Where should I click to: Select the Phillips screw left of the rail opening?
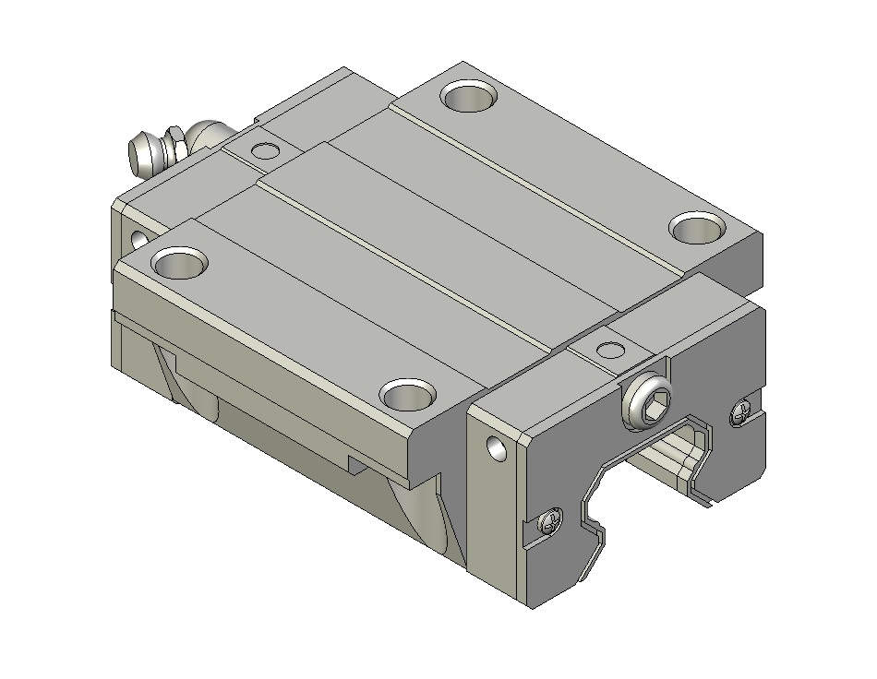coord(550,523)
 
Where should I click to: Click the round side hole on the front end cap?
coord(497,448)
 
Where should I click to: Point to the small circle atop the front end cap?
coord(610,349)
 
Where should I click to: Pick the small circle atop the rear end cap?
coord(265,149)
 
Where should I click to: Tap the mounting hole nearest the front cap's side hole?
coord(407,395)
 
